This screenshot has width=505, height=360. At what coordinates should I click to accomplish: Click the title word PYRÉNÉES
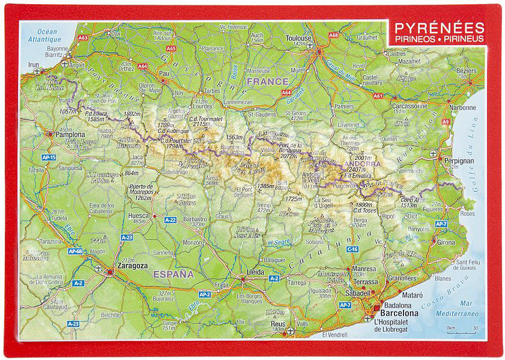pos(439,28)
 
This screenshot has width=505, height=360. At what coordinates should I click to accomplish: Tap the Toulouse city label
pos(298,38)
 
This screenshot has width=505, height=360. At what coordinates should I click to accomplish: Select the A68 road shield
pos(333,35)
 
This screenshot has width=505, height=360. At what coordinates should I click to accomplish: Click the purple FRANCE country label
pos(267,81)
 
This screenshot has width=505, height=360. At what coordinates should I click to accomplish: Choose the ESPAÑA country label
pos(174,274)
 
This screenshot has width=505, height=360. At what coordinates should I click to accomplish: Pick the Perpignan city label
pos(459,161)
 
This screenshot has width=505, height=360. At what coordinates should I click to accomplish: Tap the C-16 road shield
pos(352,249)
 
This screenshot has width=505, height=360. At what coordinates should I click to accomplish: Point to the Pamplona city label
pos(70,135)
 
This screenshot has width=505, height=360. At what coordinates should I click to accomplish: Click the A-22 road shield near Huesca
pos(170,220)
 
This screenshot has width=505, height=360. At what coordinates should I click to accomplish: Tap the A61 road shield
pos(378,96)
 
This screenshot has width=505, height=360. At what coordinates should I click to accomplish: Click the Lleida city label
pos(256,272)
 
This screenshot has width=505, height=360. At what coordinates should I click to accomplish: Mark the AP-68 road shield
pos(74,251)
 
